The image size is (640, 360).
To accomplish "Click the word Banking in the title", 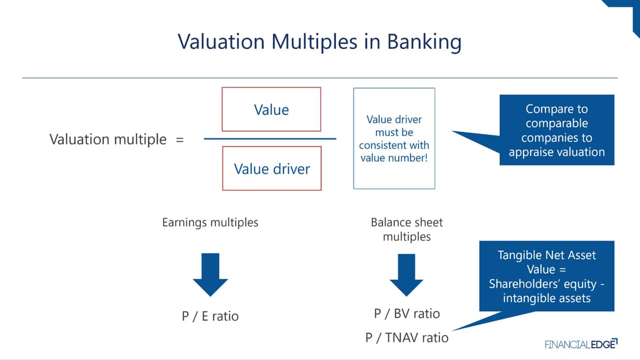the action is [x=425, y=42].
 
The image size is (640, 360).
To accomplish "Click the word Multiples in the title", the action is [x=314, y=42].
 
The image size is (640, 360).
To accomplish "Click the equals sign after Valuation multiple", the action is [x=180, y=140].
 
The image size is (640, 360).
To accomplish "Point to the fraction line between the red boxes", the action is [x=270, y=139].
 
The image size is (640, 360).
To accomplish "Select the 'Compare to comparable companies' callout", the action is [x=557, y=130].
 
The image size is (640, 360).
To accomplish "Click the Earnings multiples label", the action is [x=210, y=222].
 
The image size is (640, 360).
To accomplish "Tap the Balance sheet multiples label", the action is [x=407, y=229].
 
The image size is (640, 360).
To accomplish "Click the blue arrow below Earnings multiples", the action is [x=210, y=275].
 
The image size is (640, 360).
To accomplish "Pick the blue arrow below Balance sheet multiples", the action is [x=406, y=275].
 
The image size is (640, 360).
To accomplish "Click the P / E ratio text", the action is [x=210, y=316].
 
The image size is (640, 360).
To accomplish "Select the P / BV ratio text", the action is [x=407, y=314].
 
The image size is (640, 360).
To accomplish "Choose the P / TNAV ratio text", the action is [x=407, y=338].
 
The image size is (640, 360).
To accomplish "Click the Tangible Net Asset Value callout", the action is [x=547, y=276].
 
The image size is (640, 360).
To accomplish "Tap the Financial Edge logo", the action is [x=581, y=343].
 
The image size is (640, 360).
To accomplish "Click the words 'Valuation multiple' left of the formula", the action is [x=108, y=140].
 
